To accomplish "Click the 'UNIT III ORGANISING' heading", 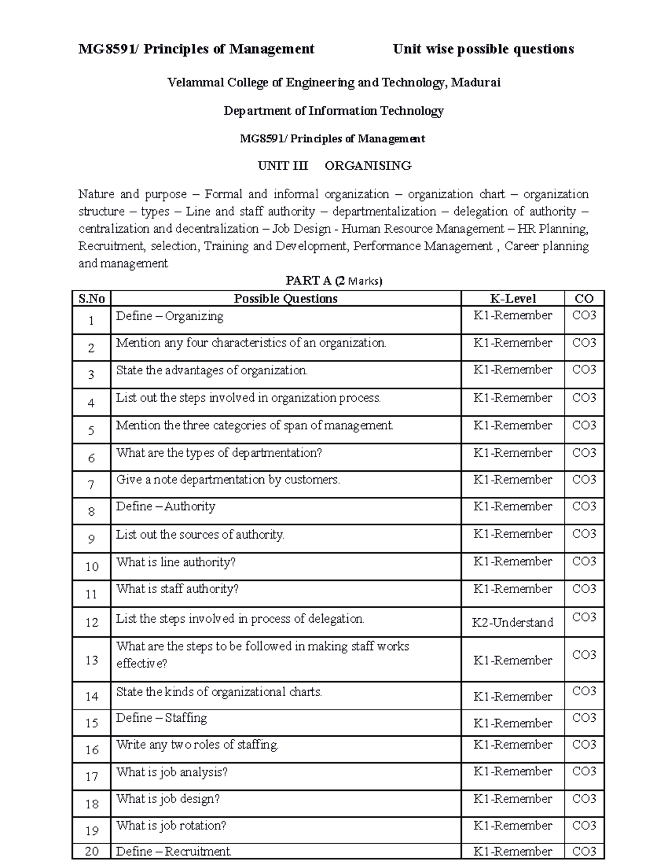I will coord(334,165).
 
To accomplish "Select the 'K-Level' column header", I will coord(512,299).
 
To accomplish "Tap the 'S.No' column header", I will coord(91,299).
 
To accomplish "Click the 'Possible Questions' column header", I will coord(286,299).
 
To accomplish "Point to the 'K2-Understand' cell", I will coord(512,622).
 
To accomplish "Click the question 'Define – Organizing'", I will coord(170,316).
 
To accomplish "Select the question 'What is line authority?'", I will coord(176,562).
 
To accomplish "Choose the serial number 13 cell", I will coord(91,660).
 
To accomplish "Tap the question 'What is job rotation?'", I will coord(171,825).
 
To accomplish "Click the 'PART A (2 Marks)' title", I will coord(334,281).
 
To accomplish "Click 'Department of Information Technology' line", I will coord(334,111).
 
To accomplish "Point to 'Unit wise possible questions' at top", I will coord(483,49).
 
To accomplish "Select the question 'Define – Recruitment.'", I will coord(174,851).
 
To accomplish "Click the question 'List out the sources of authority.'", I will coord(200,535).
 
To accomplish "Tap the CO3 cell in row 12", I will coord(584,617).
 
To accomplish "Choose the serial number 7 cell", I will coord(91,485).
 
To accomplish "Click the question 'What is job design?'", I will coord(168,799).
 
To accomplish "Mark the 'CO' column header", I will coord(584,299).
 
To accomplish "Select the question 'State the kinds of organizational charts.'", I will coord(219,692).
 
